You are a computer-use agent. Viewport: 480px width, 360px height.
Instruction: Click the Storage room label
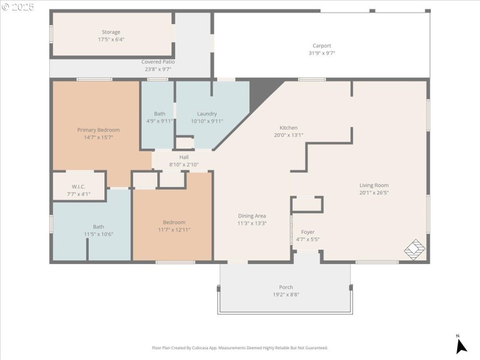point(110,32)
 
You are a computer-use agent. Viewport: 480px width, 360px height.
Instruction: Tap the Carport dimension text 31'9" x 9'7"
point(322,53)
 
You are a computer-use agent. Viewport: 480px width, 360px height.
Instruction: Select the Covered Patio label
point(158,61)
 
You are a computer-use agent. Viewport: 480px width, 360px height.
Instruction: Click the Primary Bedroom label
point(98,130)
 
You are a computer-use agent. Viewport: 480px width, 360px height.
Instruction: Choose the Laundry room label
point(207,113)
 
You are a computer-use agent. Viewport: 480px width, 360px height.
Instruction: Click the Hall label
point(184,157)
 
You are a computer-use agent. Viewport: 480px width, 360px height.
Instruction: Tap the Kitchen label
point(288,128)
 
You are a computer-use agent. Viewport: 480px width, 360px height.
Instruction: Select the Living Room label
point(374,185)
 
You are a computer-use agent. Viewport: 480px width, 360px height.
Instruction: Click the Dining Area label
point(251,216)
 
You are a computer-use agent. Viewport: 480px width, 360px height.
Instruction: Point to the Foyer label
point(308,232)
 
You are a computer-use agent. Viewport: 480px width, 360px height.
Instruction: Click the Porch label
point(286,287)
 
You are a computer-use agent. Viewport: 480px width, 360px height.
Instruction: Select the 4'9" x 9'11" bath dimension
point(160,121)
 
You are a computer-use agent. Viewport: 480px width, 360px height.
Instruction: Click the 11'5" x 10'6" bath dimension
point(98,234)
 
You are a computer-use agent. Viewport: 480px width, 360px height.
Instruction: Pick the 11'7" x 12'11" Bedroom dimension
point(174,229)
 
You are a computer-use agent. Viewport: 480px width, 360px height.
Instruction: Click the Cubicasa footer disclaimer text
point(240,347)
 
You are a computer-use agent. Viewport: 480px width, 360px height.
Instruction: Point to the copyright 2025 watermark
point(18,7)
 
